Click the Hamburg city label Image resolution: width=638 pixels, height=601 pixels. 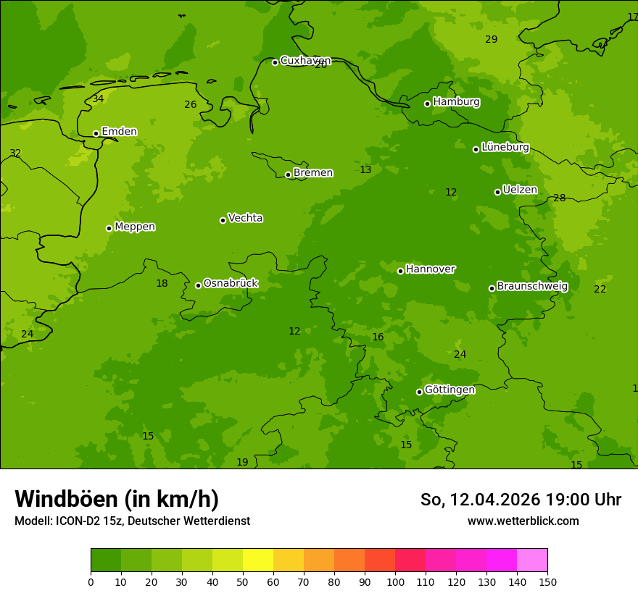coord(456,102)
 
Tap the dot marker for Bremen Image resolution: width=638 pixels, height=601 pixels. coord(288,175)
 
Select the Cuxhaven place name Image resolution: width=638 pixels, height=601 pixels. coord(305,61)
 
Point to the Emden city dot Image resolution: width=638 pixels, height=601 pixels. coord(96,133)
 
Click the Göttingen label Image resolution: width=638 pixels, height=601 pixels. coord(449,390)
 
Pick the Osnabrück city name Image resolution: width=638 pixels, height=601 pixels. coord(231,283)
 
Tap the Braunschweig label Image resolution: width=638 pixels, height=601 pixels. coord(532,286)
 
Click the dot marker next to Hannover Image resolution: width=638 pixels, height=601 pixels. coord(400,271)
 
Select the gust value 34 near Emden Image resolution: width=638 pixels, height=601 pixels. coord(98,98)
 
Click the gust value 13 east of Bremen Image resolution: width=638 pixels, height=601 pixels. coord(365,169)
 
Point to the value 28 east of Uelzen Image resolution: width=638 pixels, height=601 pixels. coord(559,198)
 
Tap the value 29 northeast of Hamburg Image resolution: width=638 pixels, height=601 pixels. coord(491,39)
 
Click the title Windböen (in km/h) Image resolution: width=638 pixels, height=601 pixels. coord(117,499)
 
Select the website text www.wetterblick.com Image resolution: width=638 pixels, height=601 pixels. coord(523,521)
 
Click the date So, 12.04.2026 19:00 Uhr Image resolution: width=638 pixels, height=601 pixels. coord(521,500)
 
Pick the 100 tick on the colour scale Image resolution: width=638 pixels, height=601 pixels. coord(395,582)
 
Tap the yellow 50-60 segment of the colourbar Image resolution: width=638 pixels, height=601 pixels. coord(258,560)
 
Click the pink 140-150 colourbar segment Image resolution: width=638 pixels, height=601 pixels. coord(532,560)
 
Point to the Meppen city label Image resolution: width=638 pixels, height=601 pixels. coord(135,227)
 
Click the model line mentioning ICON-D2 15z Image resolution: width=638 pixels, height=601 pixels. coord(132,521)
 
